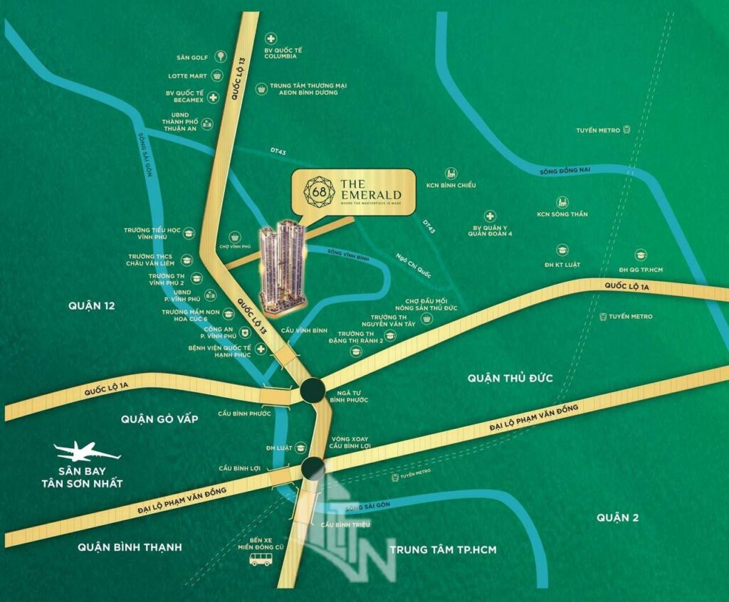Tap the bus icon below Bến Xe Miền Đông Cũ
261,561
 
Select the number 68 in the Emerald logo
315,190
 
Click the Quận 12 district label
92,306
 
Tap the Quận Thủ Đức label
510,378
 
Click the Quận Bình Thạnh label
130,547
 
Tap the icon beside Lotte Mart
214,75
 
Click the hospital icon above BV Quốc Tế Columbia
269,39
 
